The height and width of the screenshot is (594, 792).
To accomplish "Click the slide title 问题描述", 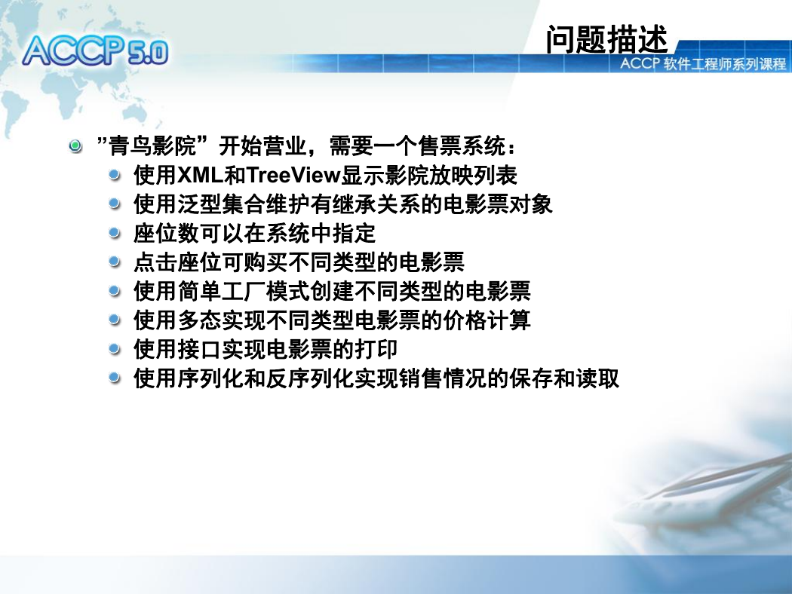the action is (606, 39).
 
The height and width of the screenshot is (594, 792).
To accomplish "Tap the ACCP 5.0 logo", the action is (96, 51).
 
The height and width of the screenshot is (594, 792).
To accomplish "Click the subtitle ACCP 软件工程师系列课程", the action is (702, 63).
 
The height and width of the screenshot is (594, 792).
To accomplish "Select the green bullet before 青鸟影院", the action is (75, 146).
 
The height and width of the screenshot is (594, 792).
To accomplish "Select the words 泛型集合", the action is (221, 204).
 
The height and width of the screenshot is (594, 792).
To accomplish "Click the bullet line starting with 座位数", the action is (255, 233).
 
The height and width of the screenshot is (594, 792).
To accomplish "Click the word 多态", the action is (199, 320).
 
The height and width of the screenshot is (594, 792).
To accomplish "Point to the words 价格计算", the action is (487, 320).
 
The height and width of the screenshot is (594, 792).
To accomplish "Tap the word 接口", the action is (199, 349).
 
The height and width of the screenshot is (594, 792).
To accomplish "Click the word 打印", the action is (376, 349).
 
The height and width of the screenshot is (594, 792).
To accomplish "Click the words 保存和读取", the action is (564, 378).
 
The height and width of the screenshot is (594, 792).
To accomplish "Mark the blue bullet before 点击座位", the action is (115, 262).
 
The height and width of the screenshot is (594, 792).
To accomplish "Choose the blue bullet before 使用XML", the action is (115, 175).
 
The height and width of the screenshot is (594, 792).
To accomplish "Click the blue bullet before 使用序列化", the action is (115, 378).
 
